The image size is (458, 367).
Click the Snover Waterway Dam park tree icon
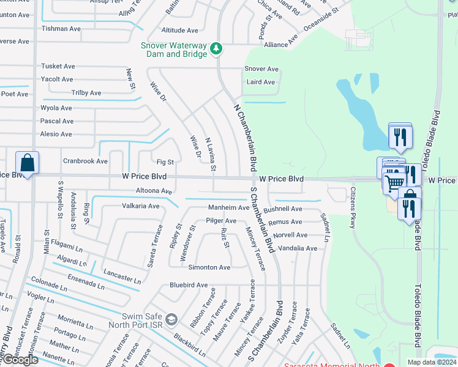216,48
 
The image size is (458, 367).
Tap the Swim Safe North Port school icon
171,319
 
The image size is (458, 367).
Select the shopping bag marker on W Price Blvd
27,163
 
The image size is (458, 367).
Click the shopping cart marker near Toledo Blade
395,182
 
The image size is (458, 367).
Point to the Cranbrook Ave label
85,161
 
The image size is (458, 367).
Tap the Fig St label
165,162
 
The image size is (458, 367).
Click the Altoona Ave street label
154,191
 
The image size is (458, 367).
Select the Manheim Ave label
228,207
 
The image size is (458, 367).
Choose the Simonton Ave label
209,267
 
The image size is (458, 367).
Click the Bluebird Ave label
189,285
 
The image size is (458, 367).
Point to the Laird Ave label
261,82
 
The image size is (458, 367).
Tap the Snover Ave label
261,69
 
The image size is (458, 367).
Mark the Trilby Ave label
86,93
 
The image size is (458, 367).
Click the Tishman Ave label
61,29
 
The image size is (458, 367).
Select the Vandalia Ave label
298,248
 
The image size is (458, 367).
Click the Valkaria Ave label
141,206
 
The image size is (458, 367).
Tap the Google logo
20,360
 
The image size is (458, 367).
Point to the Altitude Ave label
180,30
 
